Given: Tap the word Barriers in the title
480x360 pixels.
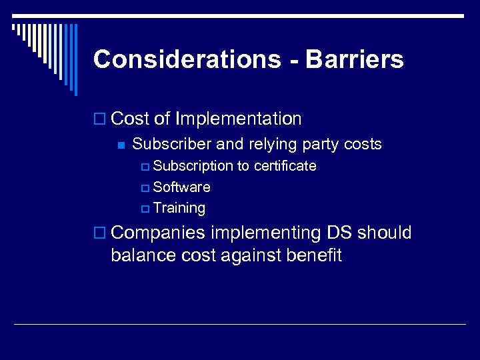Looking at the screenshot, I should click(x=355, y=59).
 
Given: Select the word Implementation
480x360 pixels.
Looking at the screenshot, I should click(x=238, y=119).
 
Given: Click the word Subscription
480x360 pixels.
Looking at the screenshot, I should click(x=193, y=166).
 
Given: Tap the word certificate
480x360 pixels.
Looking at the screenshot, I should click(x=285, y=166).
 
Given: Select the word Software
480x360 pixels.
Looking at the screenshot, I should click(x=181, y=187).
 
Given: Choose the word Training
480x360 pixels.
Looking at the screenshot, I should click(x=179, y=208).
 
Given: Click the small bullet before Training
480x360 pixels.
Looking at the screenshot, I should click(x=146, y=209).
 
